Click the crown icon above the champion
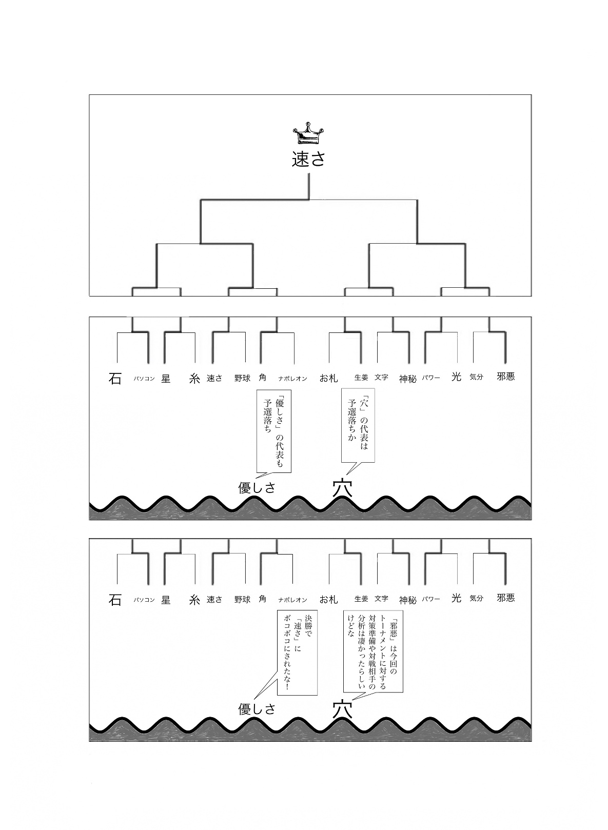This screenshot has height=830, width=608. [x=308, y=134]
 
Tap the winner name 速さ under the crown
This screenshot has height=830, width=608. [x=308, y=160]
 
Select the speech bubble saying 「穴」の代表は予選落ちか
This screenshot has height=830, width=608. [x=358, y=425]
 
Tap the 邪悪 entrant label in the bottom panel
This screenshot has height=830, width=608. [x=505, y=598]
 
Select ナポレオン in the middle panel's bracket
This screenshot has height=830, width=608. [x=292, y=379]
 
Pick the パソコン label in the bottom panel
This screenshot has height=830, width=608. [x=144, y=600]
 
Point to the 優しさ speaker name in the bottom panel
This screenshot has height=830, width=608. [x=257, y=709]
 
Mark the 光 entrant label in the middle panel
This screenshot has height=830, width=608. [x=456, y=377]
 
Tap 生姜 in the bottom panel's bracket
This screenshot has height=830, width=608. [x=361, y=599]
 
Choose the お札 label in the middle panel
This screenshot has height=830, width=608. [x=328, y=378]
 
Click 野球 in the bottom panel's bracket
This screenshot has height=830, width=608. [x=242, y=599]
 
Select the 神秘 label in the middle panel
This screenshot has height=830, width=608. [x=408, y=379]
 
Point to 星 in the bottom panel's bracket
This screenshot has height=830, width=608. [x=166, y=599]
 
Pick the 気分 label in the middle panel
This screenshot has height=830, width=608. [x=476, y=377]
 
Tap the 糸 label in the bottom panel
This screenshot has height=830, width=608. [x=194, y=600]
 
